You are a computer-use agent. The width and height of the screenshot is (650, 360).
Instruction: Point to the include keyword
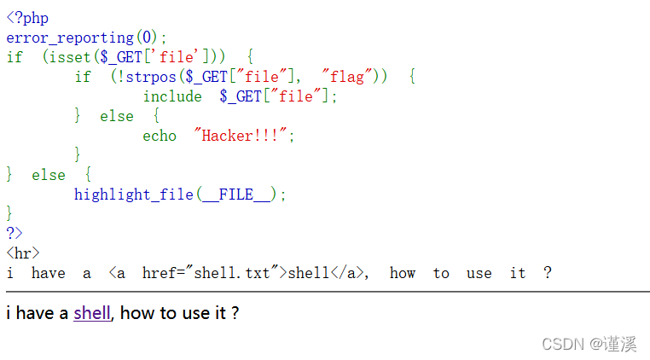tap(172, 96)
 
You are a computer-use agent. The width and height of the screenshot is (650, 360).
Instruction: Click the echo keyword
tap(160, 136)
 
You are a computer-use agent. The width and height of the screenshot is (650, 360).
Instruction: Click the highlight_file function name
tap(134, 195)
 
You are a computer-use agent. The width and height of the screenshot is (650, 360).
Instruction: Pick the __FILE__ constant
tap(236, 195)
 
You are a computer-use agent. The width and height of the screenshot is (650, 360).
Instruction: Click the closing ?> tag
tap(15, 233)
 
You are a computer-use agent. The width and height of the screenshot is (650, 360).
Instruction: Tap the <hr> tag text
tap(23, 253)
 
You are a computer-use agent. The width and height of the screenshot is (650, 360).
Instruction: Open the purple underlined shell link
tap(92, 313)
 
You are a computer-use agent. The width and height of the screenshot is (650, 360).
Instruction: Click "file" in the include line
tap(296, 96)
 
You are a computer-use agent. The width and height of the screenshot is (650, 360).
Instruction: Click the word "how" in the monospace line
tap(403, 273)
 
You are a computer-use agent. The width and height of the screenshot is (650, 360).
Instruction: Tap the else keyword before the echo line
tap(117, 116)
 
